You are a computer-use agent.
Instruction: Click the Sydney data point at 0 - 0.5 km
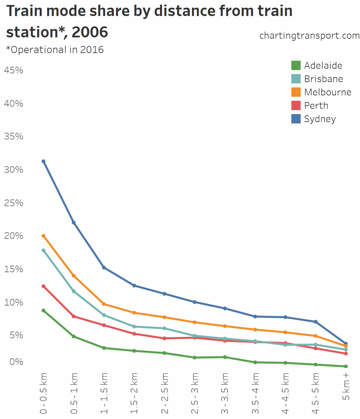pos(43,161)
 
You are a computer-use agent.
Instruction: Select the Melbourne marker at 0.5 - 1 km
pos(74,276)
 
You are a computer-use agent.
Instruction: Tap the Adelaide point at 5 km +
pos(346,366)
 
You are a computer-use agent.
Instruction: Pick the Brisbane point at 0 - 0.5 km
pos(43,250)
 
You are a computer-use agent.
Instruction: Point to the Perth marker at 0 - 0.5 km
pos(43,286)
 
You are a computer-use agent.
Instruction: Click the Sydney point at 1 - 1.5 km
pos(104,268)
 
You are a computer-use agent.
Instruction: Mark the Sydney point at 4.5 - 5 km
pos(316,322)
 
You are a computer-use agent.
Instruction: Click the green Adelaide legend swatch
pos(296,65)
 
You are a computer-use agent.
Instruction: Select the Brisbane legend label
pos(323,79)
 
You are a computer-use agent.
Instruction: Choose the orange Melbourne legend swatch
pos(296,92)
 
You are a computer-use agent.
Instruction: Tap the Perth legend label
pos(316,105)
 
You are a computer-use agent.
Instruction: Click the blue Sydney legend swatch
pos(296,119)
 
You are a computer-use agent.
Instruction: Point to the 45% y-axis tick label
pos(14,70)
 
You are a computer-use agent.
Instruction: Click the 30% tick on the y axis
pos(14,169)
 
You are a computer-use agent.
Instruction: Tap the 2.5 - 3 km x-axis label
pos(195,394)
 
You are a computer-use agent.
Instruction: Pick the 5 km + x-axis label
pos(346,387)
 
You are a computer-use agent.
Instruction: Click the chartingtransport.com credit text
pos(309,35)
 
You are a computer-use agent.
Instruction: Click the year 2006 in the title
pos(90,32)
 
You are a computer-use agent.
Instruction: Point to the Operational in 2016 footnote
pos(55,50)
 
